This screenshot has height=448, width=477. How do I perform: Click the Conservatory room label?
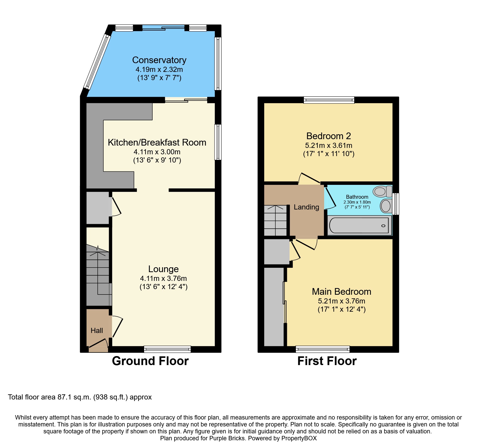[159, 60]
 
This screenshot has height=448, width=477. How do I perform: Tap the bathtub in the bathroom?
[359, 225]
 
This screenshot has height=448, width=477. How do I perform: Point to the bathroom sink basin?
[386, 206]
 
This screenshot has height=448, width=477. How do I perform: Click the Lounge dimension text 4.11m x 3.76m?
[163, 278]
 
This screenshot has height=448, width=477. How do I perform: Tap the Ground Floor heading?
[150, 361]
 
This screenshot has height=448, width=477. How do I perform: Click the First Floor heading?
[327, 361]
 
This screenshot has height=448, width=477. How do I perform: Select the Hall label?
[97, 331]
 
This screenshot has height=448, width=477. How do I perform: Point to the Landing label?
[306, 207]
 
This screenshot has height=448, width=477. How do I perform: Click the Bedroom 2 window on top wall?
[329, 100]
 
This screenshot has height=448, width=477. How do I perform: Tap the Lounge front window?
[167, 349]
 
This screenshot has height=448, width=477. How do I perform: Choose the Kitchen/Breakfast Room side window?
[218, 142]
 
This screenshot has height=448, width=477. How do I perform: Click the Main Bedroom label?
[341, 292]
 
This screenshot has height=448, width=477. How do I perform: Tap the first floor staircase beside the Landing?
[275, 220]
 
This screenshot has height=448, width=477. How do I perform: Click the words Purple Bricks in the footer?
[227, 438]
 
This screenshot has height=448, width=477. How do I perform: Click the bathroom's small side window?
[396, 204]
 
